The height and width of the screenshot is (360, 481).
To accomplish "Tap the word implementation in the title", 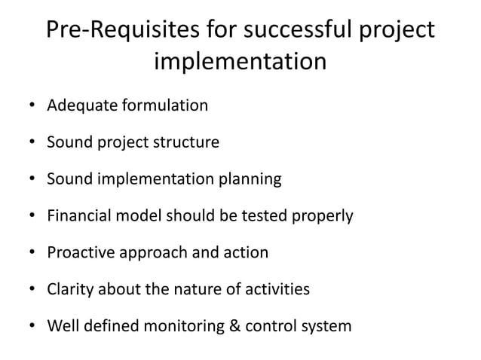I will click(x=240, y=62).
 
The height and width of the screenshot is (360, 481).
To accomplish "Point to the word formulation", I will click(x=163, y=105).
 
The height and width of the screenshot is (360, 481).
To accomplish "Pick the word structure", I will click(x=182, y=142).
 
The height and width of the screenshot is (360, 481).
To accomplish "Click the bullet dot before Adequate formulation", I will click(x=32, y=106).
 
